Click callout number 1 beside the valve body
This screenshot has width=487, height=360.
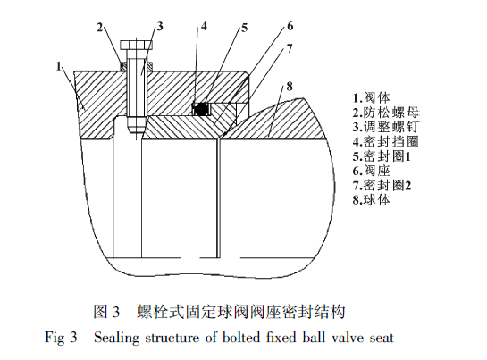(x=59, y=66)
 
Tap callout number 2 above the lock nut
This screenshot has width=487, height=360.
(x=99, y=28)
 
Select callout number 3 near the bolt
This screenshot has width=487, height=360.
(x=160, y=27)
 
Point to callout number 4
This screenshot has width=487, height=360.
(x=204, y=27)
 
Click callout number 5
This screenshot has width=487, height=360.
(x=245, y=28)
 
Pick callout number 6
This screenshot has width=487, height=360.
(x=290, y=26)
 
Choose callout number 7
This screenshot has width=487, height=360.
(x=290, y=48)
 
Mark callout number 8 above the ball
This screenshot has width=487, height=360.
(x=290, y=86)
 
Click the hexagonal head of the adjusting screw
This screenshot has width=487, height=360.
(x=137, y=45)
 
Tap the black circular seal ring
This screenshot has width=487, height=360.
(x=202, y=109)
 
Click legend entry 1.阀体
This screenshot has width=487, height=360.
(x=371, y=98)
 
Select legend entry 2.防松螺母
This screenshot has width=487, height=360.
(x=386, y=113)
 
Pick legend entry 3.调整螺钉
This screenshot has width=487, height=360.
(x=386, y=127)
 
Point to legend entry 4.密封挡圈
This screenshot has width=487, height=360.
(x=386, y=141)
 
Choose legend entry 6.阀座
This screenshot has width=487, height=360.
(x=371, y=171)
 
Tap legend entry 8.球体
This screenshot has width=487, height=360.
(x=371, y=199)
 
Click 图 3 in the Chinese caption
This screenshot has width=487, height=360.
(x=106, y=312)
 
